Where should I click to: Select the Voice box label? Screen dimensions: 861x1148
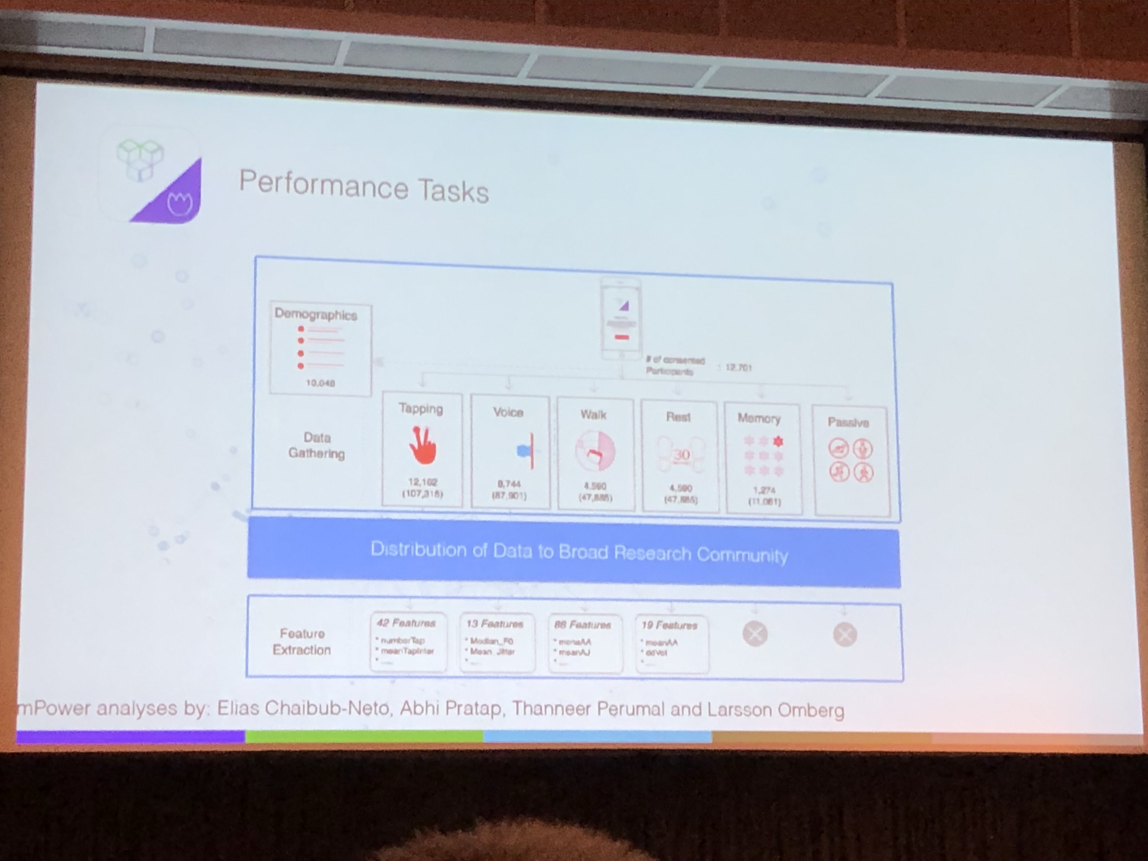(508, 413)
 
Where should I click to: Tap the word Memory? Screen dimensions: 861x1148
(759, 418)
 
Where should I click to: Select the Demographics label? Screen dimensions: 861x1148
(315, 315)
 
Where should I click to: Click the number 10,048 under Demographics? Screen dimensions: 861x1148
(320, 383)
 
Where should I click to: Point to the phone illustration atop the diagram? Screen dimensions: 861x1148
(621, 319)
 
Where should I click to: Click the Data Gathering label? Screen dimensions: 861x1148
(317, 445)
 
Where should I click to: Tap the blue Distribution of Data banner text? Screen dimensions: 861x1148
(579, 552)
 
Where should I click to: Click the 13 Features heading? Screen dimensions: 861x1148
(495, 624)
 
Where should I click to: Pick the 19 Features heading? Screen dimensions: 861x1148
(669, 625)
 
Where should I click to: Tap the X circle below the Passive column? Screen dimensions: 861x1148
(844, 634)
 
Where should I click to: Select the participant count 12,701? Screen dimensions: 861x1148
(738, 368)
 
